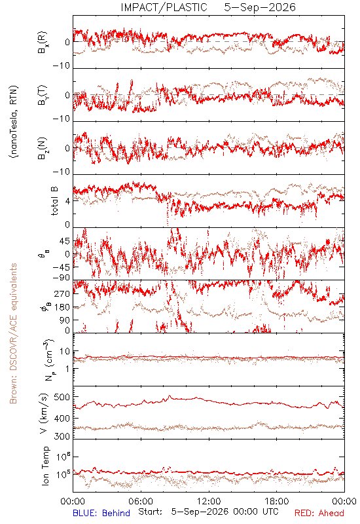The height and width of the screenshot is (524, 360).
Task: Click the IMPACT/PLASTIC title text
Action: pyautogui.click(x=164, y=7)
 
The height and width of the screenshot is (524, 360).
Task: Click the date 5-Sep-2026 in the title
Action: pyautogui.click(x=260, y=7)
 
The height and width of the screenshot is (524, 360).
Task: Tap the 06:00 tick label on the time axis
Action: pyautogui.click(x=141, y=501)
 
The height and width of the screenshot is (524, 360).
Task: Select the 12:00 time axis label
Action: pyautogui.click(x=209, y=501)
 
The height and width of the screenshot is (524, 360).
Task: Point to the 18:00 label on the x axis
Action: pyautogui.click(x=277, y=501)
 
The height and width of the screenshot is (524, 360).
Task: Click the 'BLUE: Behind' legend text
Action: pyautogui.click(x=101, y=513)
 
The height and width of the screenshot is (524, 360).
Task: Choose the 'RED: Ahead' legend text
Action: pyautogui.click(x=319, y=513)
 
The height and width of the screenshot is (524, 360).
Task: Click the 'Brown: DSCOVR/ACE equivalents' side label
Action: pyautogui.click(x=13, y=333)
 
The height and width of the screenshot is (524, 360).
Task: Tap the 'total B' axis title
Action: pyautogui.click(x=54, y=201)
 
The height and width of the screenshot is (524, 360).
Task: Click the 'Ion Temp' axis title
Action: pyautogui.click(x=45, y=466)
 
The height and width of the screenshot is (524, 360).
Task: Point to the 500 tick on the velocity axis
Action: pyautogui.click(x=62, y=398)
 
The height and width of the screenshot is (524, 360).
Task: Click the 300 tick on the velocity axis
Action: pyautogui.click(x=62, y=436)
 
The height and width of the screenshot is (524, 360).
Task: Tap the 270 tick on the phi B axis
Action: pyautogui.click(x=62, y=293)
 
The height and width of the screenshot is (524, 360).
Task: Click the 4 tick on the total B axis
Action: pyautogui.click(x=68, y=201)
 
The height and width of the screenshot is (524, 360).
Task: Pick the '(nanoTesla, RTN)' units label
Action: pyautogui.click(x=14, y=122)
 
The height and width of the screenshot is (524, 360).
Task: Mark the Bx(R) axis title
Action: pyautogui.click(x=43, y=43)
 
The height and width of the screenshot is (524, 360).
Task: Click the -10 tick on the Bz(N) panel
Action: pyautogui.click(x=62, y=172)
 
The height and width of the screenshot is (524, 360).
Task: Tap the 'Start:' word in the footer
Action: pyautogui.click(x=151, y=512)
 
